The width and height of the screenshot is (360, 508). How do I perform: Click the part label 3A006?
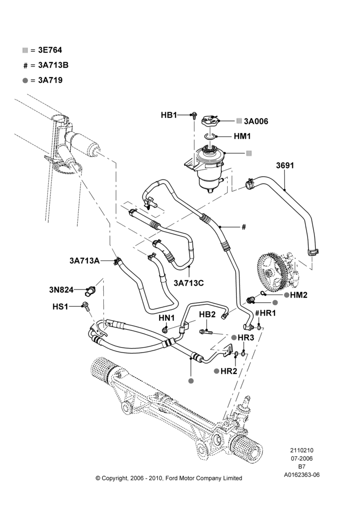pos(256,121)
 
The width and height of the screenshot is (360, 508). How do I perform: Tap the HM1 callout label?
pos(242,136)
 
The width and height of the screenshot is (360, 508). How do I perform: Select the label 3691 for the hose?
pos(285,166)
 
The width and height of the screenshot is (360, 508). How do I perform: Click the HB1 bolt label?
pos(169,115)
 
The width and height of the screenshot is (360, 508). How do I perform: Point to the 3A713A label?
pos(84,261)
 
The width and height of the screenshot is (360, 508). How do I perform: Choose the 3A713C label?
pos(189,283)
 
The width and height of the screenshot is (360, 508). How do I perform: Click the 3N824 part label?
pos(62,290)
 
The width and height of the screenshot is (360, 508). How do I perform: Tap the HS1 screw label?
pos(61,306)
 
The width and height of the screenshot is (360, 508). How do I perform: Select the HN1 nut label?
pos(167,318)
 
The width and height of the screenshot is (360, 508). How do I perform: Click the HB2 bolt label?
pos(207,314)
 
